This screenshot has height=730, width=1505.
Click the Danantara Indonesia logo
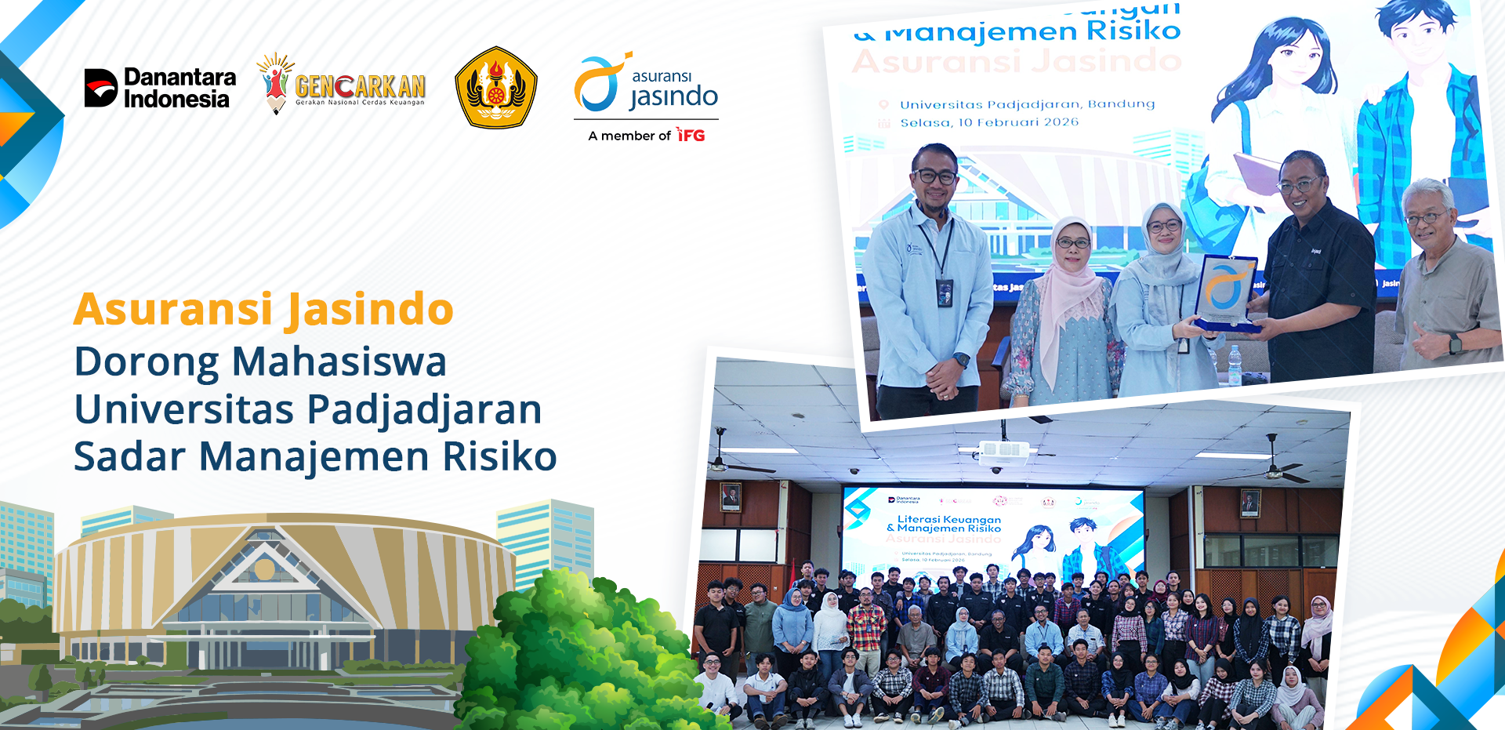click(x=160, y=88)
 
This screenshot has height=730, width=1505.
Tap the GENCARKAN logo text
click(x=360, y=86)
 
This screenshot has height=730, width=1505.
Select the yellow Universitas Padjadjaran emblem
click(x=495, y=88)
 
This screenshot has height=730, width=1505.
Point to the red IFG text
click(x=691, y=136)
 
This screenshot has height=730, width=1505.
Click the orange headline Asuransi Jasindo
click(x=263, y=309)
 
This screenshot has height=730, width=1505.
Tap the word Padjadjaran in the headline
click(x=423, y=409)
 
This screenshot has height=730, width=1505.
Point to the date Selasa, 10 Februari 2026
click(x=988, y=122)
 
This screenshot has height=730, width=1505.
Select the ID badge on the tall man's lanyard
click(x=945, y=292)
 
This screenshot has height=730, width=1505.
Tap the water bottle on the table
click(x=1235, y=365)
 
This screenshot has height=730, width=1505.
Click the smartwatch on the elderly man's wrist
click(x=1455, y=343)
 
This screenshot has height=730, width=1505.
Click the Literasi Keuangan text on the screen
click(x=948, y=519)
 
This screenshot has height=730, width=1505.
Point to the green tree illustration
click(x=580, y=651)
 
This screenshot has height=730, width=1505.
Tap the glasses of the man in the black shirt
click(x=1299, y=186)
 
